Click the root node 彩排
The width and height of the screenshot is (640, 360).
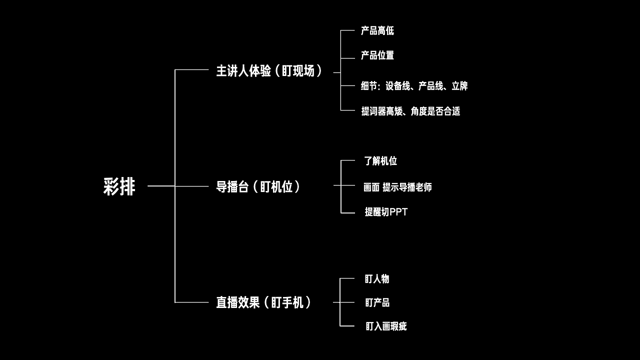coord(119,186)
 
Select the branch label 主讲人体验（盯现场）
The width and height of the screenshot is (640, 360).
coord(269,71)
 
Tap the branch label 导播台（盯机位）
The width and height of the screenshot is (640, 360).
coord(258,187)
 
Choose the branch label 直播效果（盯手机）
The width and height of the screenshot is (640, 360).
coord(263,302)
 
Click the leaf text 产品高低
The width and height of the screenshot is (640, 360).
coord(377,31)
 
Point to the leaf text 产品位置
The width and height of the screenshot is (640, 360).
coord(377,55)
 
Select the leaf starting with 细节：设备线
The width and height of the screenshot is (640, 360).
coord(414,86)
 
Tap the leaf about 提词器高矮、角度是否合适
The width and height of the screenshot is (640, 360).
coord(410,111)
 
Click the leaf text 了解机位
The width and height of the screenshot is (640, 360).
coord(380,161)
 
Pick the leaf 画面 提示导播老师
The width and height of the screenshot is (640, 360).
coord(397,187)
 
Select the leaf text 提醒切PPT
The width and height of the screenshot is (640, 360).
coord(386,212)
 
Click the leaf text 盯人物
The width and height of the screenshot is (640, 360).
coord(376,279)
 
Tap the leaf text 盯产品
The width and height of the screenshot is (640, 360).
coord(377,302)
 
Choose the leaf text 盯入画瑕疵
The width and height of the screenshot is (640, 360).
coord(385,326)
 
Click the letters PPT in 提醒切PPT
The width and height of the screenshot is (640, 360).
coord(398,212)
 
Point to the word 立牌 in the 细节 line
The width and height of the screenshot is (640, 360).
coord(459,86)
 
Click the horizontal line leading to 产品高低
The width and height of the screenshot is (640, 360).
coord(347,30)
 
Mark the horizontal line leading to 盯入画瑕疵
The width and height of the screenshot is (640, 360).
coord(347,326)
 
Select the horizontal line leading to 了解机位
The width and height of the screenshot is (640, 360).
coord(347,160)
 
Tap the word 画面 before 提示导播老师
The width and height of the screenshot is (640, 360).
coord(371,187)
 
